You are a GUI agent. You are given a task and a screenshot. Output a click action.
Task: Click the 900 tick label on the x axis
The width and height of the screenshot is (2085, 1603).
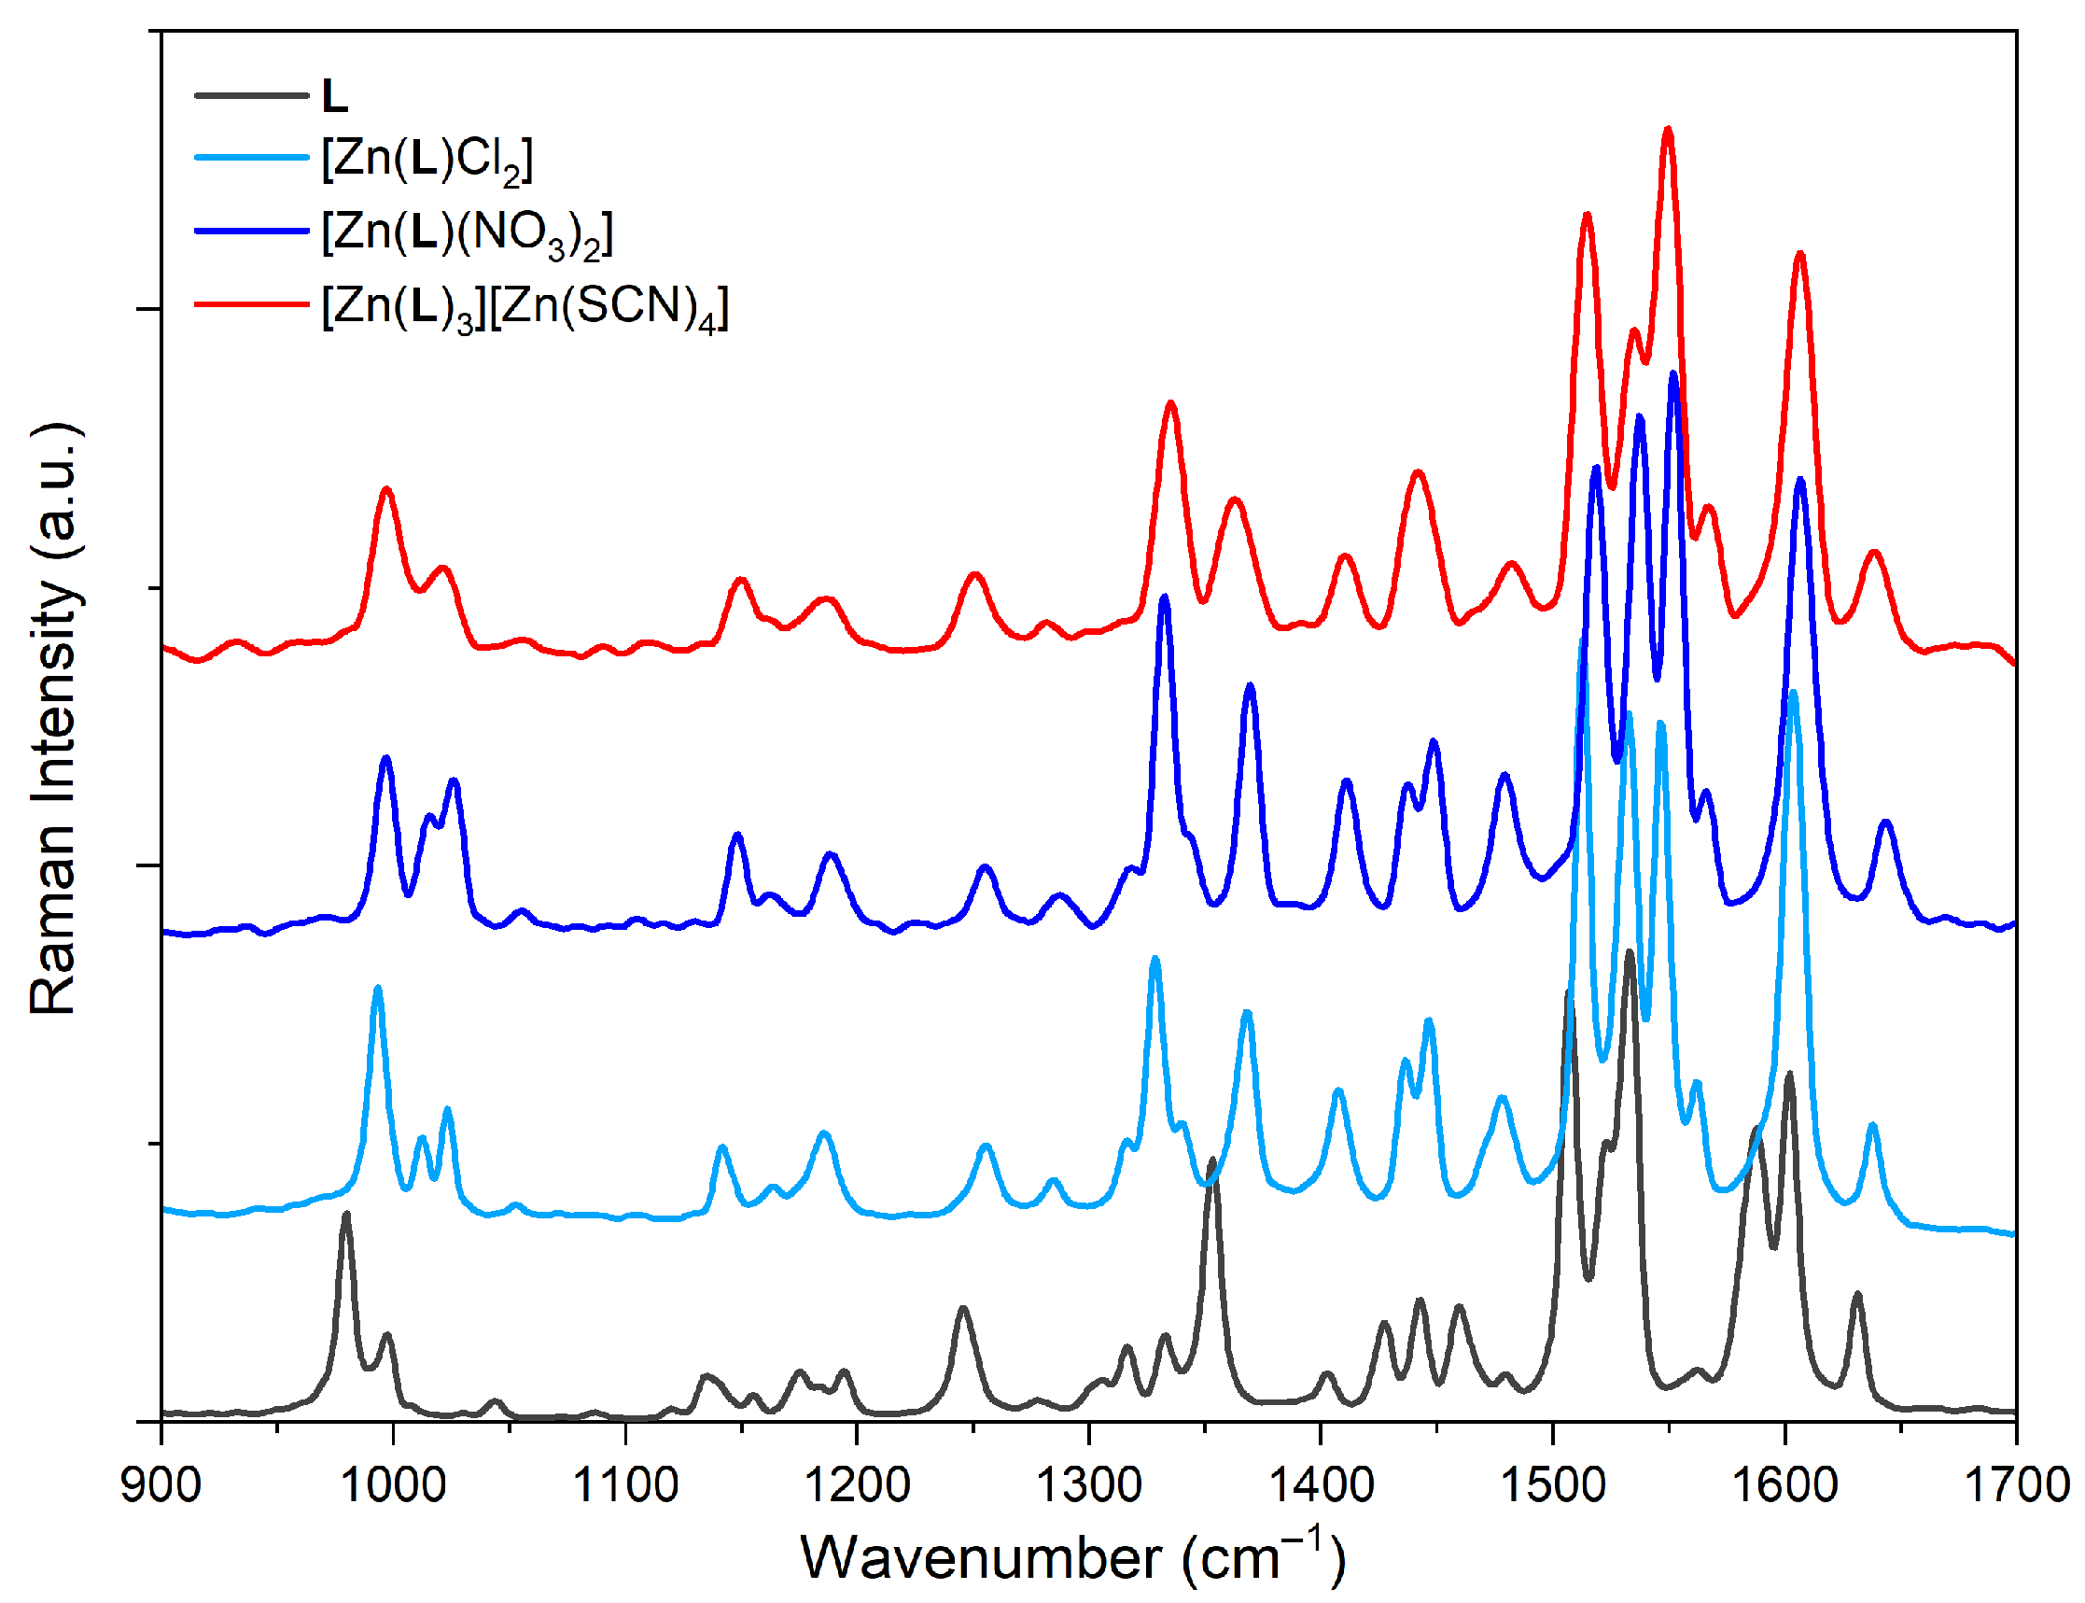[x=161, y=1485]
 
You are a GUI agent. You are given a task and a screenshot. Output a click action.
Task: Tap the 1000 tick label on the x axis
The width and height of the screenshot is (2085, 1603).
[x=392, y=1485]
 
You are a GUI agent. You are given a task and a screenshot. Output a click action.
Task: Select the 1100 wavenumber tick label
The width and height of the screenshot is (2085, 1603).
[x=624, y=1485]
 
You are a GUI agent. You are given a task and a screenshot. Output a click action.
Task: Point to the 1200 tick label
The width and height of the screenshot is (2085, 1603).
[x=857, y=1485]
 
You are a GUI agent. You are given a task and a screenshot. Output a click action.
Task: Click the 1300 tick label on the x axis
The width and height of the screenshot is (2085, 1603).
[x=1088, y=1485]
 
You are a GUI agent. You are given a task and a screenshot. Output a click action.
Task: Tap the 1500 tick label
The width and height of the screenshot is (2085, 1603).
[x=1553, y=1485]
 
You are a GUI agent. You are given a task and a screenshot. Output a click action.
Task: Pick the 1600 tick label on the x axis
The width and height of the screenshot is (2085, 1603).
[x=1784, y=1485]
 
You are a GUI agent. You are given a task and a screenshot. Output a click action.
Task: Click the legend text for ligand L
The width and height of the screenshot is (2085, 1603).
[x=335, y=96]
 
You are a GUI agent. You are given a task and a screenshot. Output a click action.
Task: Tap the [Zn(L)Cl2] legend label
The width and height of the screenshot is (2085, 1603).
[x=427, y=160]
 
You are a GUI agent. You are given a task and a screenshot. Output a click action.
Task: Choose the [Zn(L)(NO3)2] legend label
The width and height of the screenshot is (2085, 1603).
[x=467, y=233]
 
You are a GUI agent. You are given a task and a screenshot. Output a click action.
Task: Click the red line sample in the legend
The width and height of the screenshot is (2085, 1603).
[x=252, y=303]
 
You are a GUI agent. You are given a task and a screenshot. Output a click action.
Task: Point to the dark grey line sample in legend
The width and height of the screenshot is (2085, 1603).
[x=252, y=95]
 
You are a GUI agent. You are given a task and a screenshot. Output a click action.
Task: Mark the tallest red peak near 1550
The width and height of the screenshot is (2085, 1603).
[x=1668, y=131]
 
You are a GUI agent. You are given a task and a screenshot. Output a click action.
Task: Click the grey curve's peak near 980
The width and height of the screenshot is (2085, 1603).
[x=346, y=1215]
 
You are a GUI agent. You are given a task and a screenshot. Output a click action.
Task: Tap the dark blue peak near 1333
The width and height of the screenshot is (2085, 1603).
[x=1164, y=598]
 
